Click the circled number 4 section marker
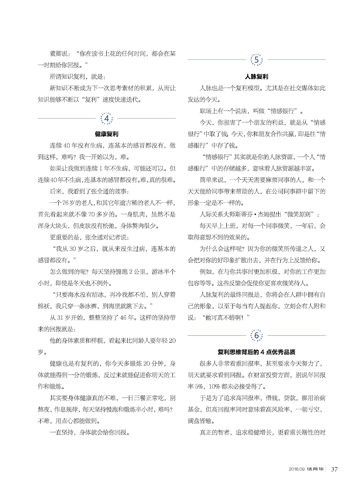pos(107,118)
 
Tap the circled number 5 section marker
pos(256,60)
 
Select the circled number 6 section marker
pos(256,336)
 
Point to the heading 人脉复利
pos(256,77)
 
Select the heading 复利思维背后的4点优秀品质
pos(256,352)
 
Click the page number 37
pos(335,469)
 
